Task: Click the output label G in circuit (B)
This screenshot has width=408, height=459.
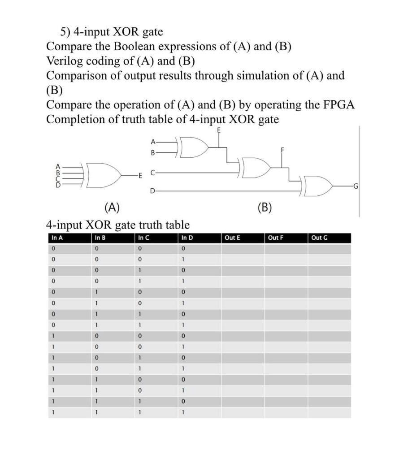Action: click(x=355, y=186)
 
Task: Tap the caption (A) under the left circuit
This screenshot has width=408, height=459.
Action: click(x=112, y=207)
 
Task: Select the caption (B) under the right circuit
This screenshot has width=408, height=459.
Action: click(x=266, y=207)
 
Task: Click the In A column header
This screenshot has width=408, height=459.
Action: click(x=57, y=238)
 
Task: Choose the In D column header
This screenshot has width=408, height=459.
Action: click(x=187, y=238)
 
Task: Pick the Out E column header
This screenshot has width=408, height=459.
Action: click(x=232, y=238)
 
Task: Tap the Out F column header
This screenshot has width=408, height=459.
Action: click(x=275, y=238)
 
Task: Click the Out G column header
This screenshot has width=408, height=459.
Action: click(x=319, y=238)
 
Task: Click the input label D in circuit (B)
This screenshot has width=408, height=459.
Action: click(x=152, y=192)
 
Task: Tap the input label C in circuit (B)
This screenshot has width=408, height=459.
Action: click(x=152, y=172)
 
